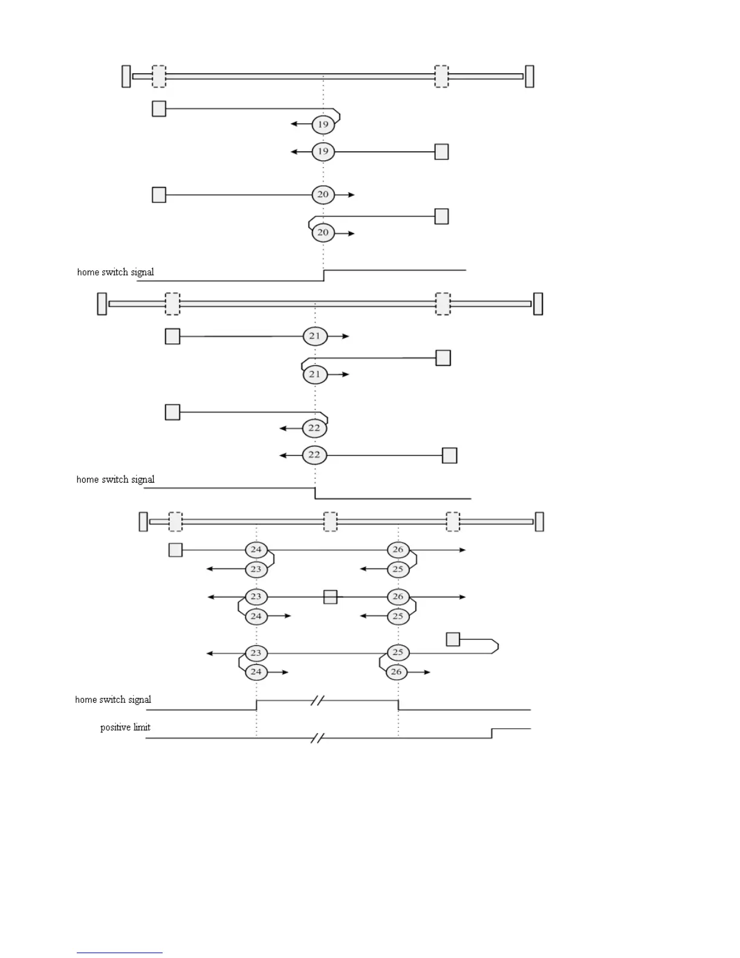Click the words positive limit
[125, 727]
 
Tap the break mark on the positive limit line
[317, 738]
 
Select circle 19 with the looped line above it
[323, 125]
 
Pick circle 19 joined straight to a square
[323, 151]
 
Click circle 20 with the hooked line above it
[323, 233]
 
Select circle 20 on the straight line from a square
[323, 195]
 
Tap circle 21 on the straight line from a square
[315, 336]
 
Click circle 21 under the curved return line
[315, 374]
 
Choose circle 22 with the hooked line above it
[314, 428]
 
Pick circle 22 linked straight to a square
[314, 455]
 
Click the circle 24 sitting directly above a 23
[256, 550]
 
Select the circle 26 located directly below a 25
[397, 672]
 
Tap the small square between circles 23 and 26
[330, 597]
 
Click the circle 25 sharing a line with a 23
[398, 653]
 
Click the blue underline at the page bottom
[119, 953]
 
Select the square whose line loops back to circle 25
[453, 639]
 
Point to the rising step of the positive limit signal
[492, 733]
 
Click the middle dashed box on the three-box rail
[330, 521]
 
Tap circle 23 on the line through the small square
[256, 597]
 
